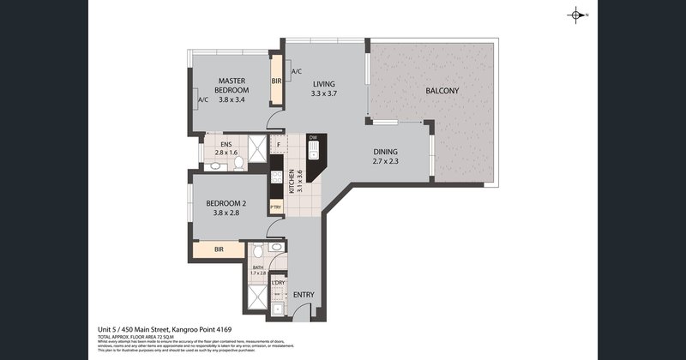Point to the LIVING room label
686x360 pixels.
point(323,83)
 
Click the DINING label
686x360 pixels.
point(385,152)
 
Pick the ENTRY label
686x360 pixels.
point(304,296)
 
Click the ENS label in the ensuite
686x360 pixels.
point(227,144)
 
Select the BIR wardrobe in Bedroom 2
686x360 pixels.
point(220,251)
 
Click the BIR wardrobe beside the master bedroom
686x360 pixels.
point(276,81)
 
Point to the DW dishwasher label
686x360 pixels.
point(314,138)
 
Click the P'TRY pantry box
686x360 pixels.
point(276,207)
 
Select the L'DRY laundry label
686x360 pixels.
point(278,282)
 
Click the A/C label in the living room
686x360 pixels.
point(296,71)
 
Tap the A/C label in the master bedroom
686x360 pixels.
point(203,100)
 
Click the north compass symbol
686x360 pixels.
point(575,15)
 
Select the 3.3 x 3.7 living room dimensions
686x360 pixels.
point(323,93)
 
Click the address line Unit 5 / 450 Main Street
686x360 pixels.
point(163,329)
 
